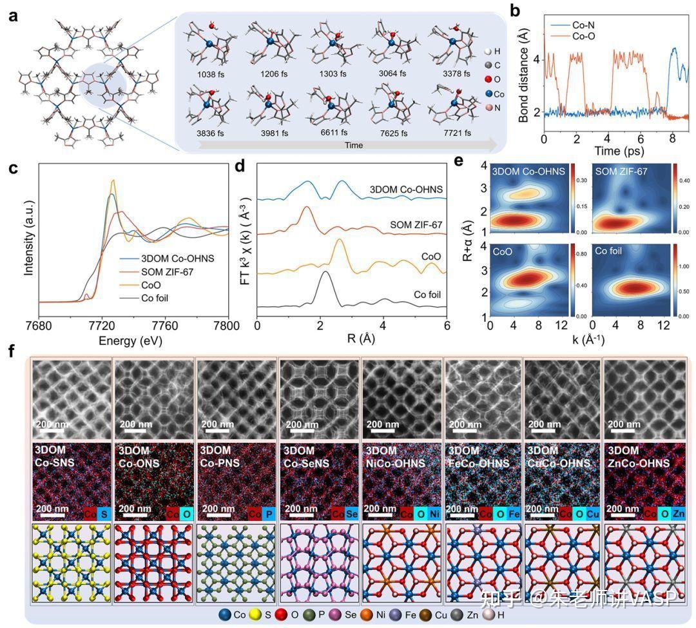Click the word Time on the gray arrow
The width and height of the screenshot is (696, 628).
point(353,146)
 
